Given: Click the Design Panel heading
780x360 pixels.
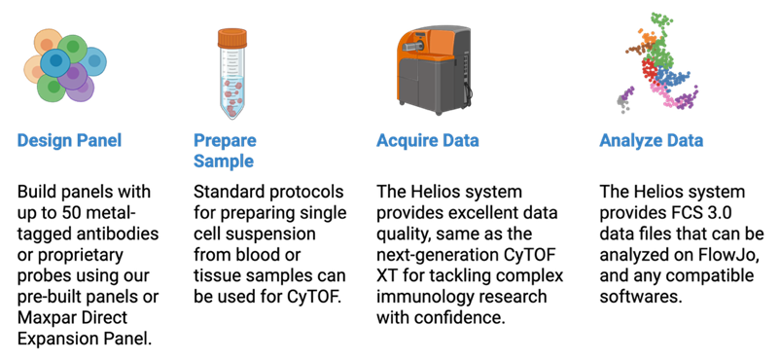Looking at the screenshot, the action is [69, 140].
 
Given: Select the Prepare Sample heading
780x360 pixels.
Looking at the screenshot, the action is [225, 151].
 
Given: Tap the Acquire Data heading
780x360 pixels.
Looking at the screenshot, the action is [427, 140].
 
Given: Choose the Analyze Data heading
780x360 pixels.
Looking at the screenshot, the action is [652, 140].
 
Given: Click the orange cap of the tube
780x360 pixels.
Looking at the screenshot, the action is [231, 38].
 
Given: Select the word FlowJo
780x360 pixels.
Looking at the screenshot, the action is [727, 255].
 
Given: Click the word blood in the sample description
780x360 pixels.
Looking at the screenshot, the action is [277, 255].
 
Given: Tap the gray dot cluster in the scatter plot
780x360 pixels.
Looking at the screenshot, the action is [621, 103].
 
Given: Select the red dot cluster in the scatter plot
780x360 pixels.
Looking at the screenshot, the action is [649, 71].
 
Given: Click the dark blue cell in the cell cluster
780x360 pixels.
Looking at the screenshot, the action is [55, 62].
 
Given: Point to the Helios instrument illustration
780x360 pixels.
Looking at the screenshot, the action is [436, 68].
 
